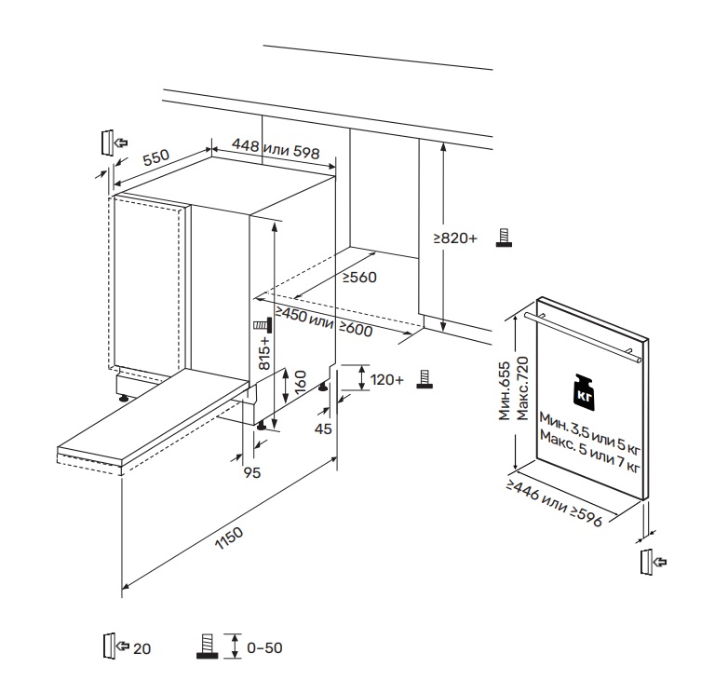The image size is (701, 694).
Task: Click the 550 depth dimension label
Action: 155,157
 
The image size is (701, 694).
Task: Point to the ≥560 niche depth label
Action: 358,277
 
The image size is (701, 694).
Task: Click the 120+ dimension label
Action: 386,380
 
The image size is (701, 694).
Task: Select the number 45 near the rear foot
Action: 323,429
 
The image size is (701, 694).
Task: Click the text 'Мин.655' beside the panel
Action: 505,391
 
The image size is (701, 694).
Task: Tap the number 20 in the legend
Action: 142,648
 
